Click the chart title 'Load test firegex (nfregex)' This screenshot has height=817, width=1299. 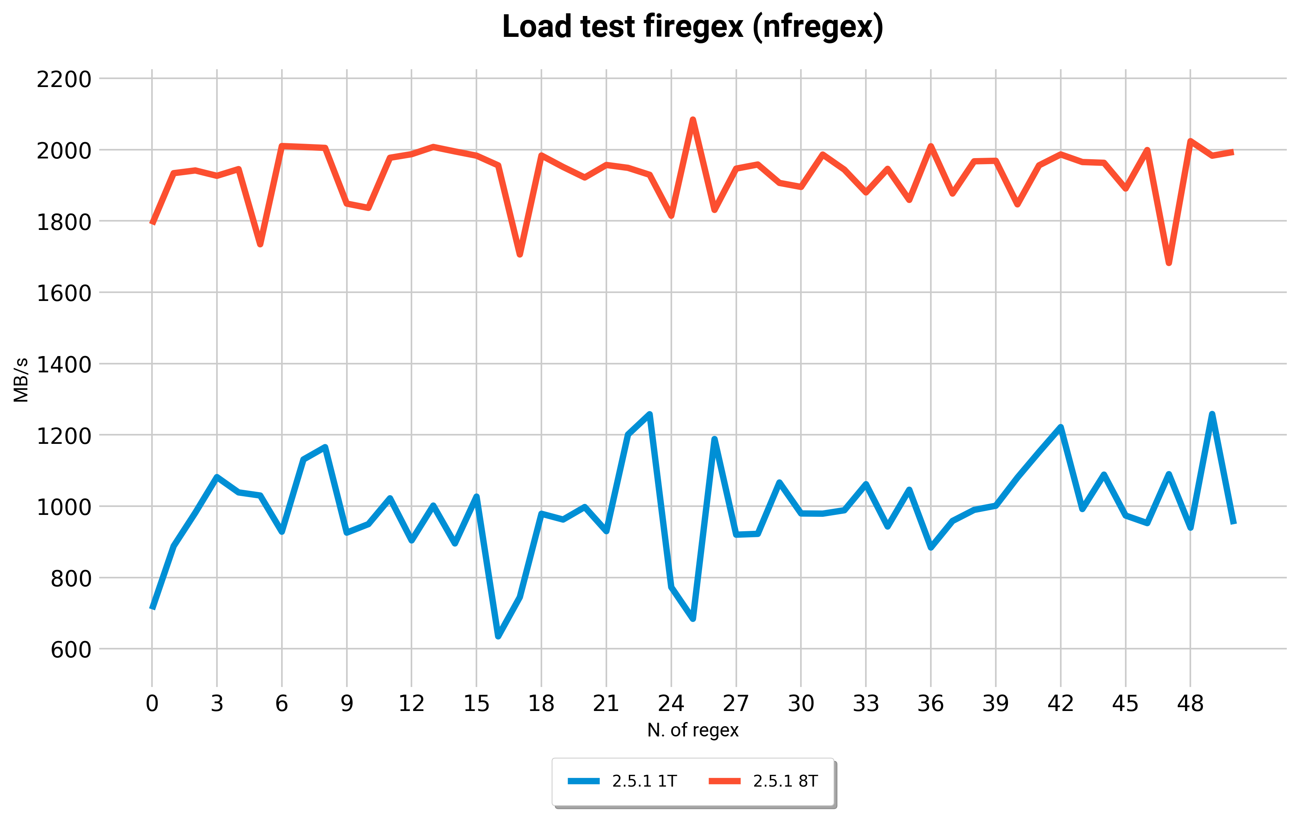[693, 27]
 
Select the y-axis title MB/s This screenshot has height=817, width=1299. [21, 380]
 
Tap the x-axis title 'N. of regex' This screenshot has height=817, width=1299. [693, 730]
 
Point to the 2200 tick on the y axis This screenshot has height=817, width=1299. [64, 79]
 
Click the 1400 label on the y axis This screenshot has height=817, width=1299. [64, 365]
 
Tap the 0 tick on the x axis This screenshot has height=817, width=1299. [152, 704]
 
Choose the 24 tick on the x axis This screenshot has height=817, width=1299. [671, 704]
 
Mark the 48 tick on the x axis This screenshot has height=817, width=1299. [1190, 704]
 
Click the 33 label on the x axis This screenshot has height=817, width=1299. [866, 704]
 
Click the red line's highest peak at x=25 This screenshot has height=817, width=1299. [693, 120]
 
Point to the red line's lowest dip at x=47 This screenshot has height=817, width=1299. [1168, 263]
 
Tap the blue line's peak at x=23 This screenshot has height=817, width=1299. [650, 415]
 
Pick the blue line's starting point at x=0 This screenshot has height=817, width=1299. [152, 608]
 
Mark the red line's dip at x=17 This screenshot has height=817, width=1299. [519, 255]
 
